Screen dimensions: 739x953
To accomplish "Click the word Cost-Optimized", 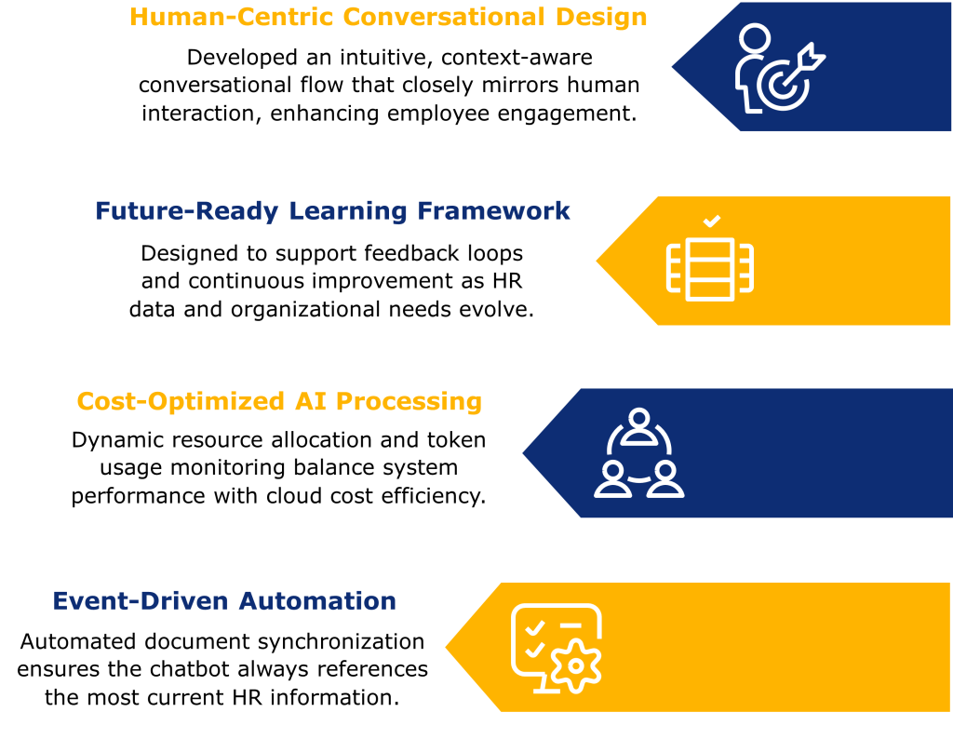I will click(181, 402).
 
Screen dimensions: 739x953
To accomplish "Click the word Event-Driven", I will click(141, 601).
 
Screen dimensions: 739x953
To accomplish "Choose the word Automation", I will click(317, 601).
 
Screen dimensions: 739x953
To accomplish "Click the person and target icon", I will click(778, 68).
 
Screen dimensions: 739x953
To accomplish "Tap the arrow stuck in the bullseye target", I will click(804, 60).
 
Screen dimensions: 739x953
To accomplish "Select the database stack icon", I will click(709, 269).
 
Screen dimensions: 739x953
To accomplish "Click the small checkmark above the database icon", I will click(711, 222).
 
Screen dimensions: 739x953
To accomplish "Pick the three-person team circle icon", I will click(638, 453).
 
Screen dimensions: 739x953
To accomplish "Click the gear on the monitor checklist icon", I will click(576, 665).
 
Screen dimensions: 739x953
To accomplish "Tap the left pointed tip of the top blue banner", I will click(674, 67).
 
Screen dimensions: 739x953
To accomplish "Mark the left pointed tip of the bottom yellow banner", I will click(448, 648).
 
